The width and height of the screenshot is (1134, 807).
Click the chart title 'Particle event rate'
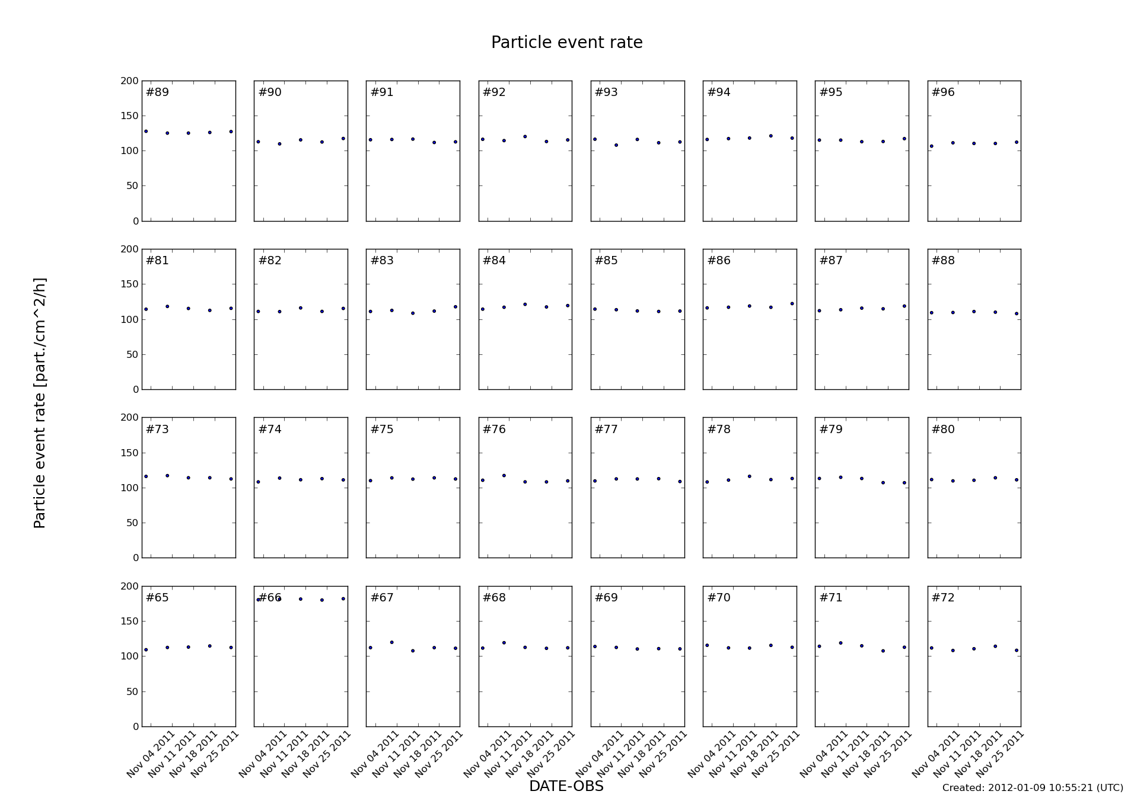point(566,43)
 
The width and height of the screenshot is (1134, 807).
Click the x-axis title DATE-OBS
point(566,786)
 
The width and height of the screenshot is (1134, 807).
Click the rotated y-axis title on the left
point(40,403)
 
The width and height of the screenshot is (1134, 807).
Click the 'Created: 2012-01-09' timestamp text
point(1032,787)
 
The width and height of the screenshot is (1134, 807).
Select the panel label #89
point(157,92)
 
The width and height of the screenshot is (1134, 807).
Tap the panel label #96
point(943,92)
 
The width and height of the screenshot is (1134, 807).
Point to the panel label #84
point(494,261)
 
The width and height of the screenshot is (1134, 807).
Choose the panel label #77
point(606,430)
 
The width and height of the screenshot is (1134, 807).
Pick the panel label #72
point(943,598)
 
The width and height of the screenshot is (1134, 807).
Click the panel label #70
point(719,598)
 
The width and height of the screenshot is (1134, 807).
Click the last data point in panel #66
point(343,599)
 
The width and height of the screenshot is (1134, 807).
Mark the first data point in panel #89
point(146,132)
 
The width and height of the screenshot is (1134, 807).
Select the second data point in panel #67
point(391,642)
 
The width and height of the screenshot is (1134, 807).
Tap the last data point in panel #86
point(792,303)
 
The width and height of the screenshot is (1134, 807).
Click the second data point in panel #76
point(504,475)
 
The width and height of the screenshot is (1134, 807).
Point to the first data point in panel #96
point(931,146)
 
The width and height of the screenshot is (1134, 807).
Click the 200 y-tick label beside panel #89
point(130,81)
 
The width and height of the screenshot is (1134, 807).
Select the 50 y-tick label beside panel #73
point(132,523)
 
